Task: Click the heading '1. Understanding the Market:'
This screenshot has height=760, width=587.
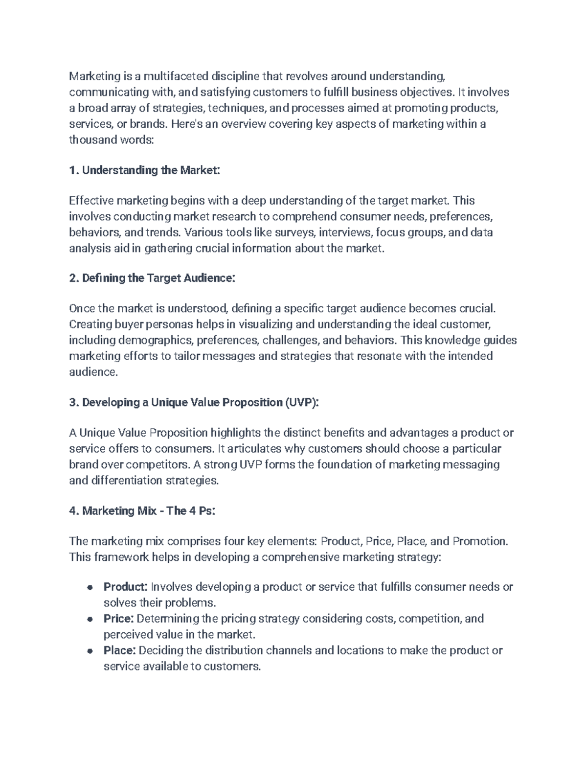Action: click(x=145, y=170)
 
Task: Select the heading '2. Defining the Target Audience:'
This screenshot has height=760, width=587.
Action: click(x=152, y=278)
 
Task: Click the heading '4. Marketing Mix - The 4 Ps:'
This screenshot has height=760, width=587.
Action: click(x=142, y=511)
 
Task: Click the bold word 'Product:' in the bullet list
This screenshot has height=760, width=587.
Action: click(x=125, y=587)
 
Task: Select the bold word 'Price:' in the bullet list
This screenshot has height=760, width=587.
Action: click(x=118, y=619)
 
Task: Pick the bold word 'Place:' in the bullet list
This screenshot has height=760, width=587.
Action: click(x=119, y=650)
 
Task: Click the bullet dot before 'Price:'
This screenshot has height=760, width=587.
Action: click(x=90, y=619)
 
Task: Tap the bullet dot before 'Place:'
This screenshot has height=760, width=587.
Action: click(x=90, y=651)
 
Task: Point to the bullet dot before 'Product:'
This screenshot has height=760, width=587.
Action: click(x=90, y=587)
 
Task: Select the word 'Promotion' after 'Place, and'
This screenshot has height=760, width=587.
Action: click(x=479, y=541)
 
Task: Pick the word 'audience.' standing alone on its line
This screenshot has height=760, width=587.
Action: click(x=93, y=372)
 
